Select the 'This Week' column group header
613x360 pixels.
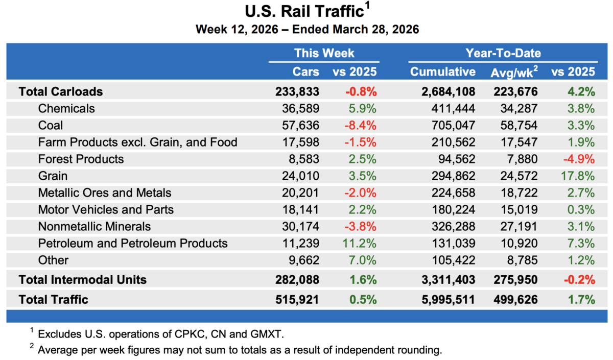coord(324,53)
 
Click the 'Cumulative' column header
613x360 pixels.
coord(442,71)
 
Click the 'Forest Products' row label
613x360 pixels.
coord(81,159)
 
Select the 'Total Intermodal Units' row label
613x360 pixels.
coord(82,279)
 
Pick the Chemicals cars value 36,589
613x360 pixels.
coord(300,108)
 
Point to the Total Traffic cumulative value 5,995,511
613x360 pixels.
coord(442,299)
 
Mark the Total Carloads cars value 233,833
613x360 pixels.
coord(297,91)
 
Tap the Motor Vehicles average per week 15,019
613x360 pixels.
coord(518,209)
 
